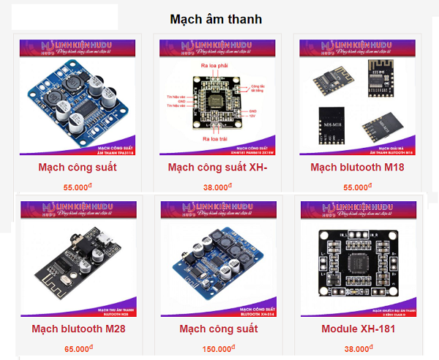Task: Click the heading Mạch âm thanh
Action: pyautogui.click(x=216, y=18)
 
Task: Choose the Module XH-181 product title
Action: pyautogui.click(x=359, y=329)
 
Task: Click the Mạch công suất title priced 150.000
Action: pyautogui.click(x=218, y=329)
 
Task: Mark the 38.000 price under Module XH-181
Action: pyautogui.click(x=359, y=349)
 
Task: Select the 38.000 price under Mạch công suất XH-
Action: pyautogui.click(x=217, y=187)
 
